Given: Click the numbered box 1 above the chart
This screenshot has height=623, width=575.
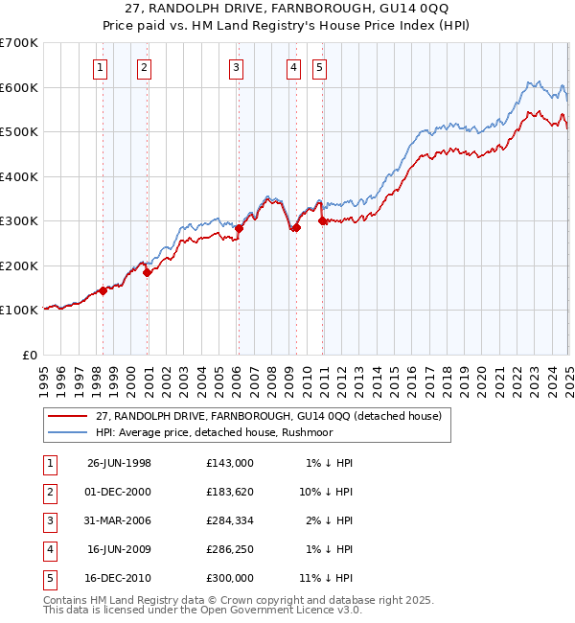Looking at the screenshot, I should tap(101, 67).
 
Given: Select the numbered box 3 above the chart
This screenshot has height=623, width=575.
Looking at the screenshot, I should tap(236, 67).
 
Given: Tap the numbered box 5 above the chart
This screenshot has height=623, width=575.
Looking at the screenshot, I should tap(318, 67).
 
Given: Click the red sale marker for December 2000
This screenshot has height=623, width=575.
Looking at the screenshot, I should tap(148, 272).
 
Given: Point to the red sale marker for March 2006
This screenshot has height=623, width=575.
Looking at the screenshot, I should tap(239, 228).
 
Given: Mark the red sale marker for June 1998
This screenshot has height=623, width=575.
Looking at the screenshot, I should tap(103, 290).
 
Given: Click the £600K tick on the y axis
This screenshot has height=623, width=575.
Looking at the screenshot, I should tap(18, 87).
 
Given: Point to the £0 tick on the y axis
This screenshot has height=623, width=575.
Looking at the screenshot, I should tap(29, 355).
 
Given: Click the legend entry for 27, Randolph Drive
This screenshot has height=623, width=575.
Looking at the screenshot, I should tap(268, 416).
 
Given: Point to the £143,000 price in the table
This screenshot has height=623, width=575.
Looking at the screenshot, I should tap(230, 463).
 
